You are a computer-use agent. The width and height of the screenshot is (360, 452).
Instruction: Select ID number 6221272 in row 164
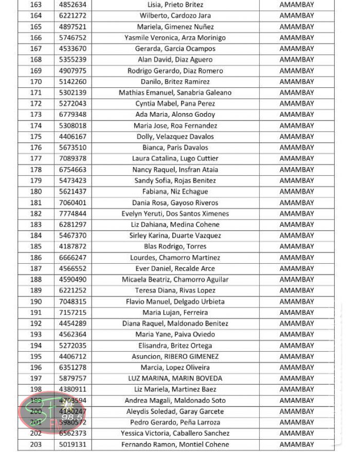click(x=73, y=15)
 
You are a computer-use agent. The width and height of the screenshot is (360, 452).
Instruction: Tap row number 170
click(x=36, y=82)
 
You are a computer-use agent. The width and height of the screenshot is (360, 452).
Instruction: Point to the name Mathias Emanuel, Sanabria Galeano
click(x=175, y=93)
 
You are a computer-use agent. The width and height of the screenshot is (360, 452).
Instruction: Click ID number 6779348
click(x=73, y=115)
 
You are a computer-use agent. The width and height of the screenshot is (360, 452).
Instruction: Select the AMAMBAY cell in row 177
click(x=296, y=158)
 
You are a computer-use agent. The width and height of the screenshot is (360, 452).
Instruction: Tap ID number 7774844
click(x=73, y=213)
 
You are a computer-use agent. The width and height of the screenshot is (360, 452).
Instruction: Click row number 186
click(x=36, y=258)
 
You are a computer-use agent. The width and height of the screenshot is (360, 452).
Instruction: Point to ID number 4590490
click(x=73, y=279)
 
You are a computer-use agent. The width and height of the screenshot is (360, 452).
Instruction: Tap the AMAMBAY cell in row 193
click(x=296, y=334)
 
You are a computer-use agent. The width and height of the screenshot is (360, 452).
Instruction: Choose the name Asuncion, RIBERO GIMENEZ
click(x=175, y=356)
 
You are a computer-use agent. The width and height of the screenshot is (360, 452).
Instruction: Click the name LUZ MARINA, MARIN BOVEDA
click(x=175, y=378)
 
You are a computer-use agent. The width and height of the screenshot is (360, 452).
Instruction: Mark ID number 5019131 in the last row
click(x=73, y=444)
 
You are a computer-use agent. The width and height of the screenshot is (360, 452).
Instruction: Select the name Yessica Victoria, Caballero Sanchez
click(x=175, y=433)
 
